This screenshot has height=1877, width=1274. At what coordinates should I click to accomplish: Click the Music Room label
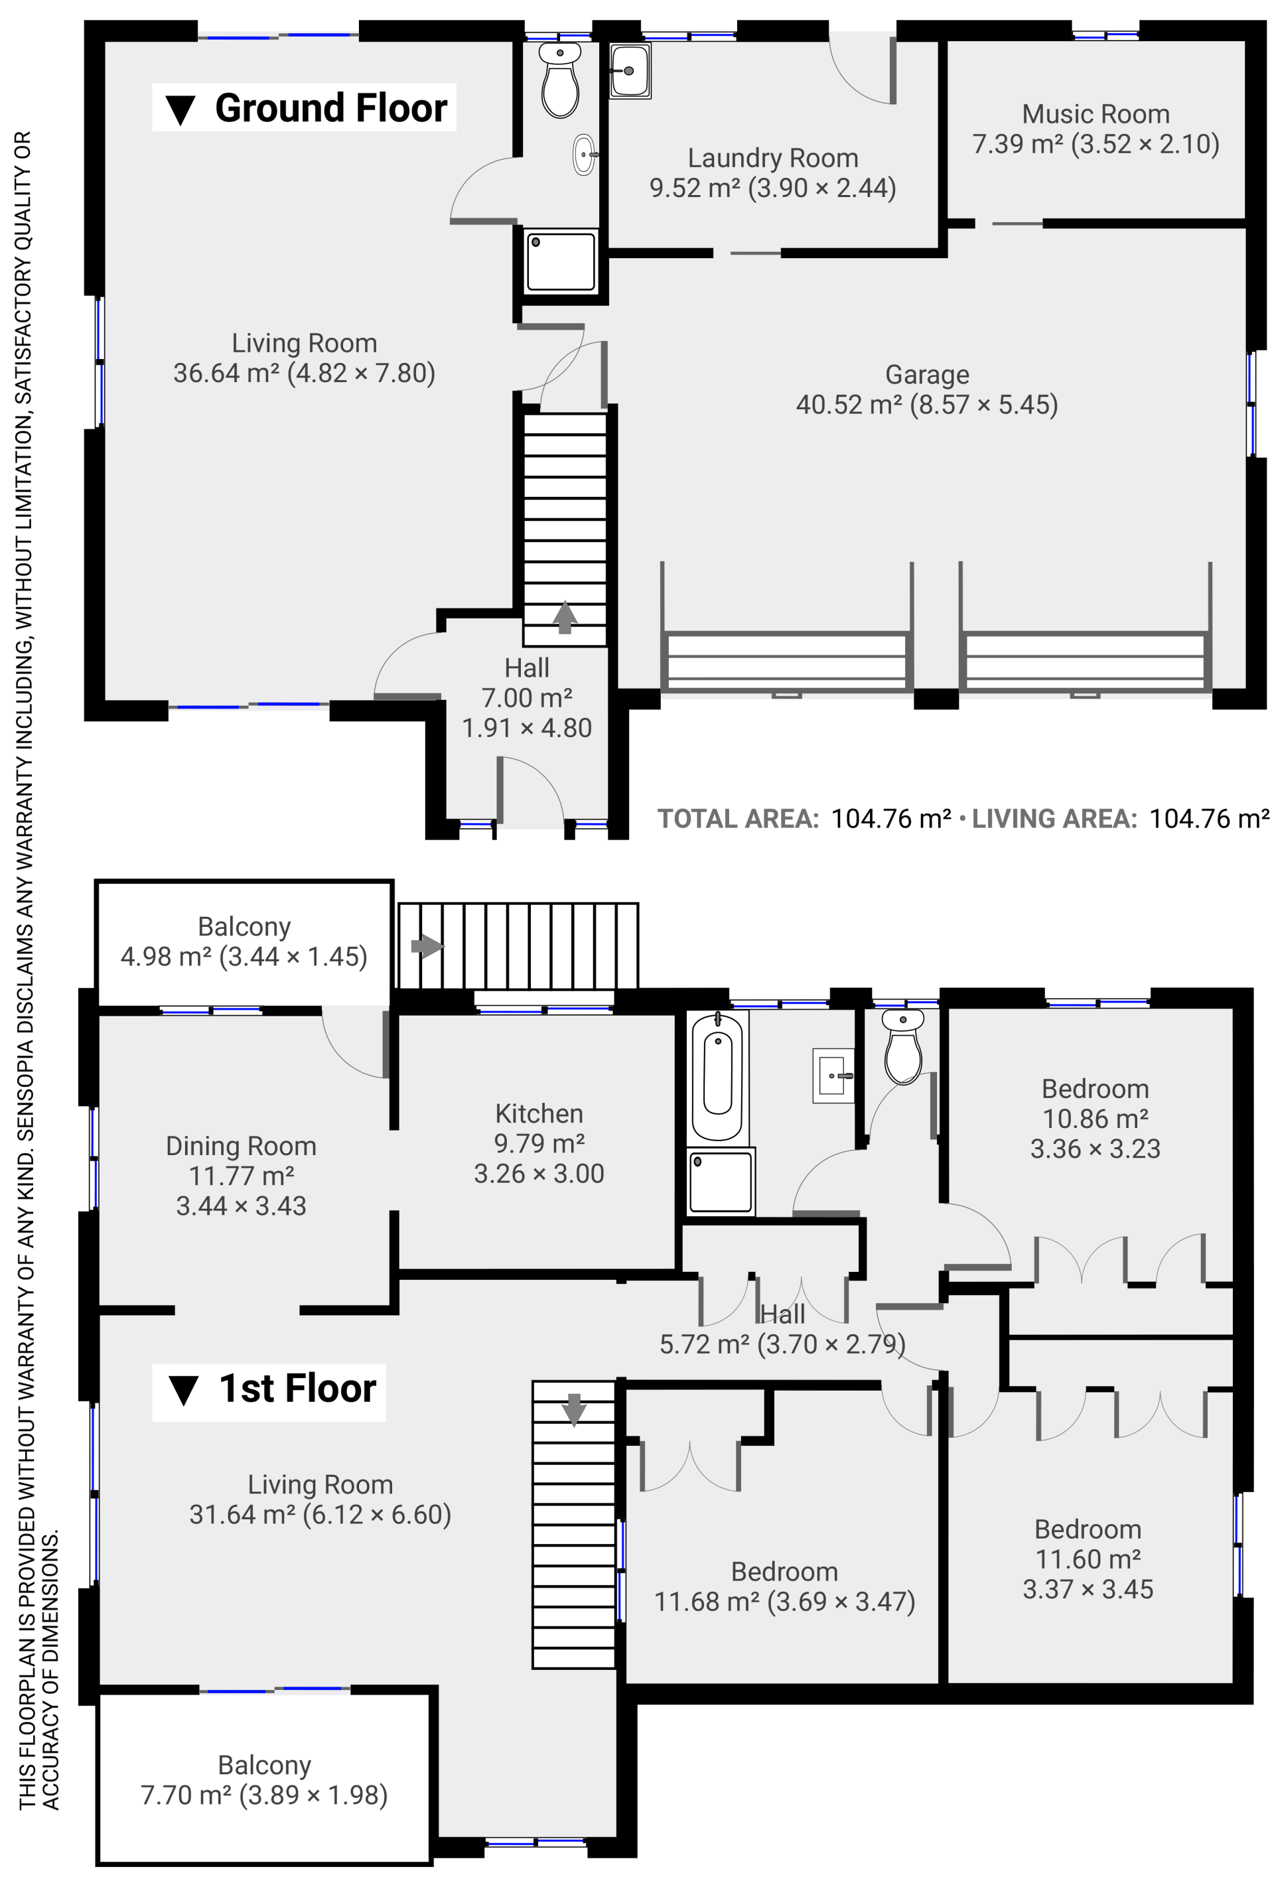[1095, 114]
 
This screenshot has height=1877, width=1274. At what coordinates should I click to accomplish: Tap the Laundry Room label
[772, 159]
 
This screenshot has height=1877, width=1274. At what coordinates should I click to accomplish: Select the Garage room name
[926, 375]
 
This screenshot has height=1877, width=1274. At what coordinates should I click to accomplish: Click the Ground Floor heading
[304, 107]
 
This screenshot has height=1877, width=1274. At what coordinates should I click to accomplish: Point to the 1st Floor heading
[269, 1389]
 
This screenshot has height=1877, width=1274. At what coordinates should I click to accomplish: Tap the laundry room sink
[629, 71]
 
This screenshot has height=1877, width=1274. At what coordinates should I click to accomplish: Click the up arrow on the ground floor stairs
[565, 618]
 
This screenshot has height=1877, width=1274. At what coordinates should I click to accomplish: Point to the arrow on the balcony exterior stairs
[427, 945]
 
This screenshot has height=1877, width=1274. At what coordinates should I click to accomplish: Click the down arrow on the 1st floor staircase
[573, 1410]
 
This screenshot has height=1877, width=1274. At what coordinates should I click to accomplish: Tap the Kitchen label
[539, 1114]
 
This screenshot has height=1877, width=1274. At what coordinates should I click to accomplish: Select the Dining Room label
[241, 1146]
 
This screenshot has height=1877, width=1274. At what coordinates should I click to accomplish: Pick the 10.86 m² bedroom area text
[1095, 1119]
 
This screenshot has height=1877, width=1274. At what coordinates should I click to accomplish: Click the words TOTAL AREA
[738, 819]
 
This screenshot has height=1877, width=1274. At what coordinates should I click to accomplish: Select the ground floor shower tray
[561, 261]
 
